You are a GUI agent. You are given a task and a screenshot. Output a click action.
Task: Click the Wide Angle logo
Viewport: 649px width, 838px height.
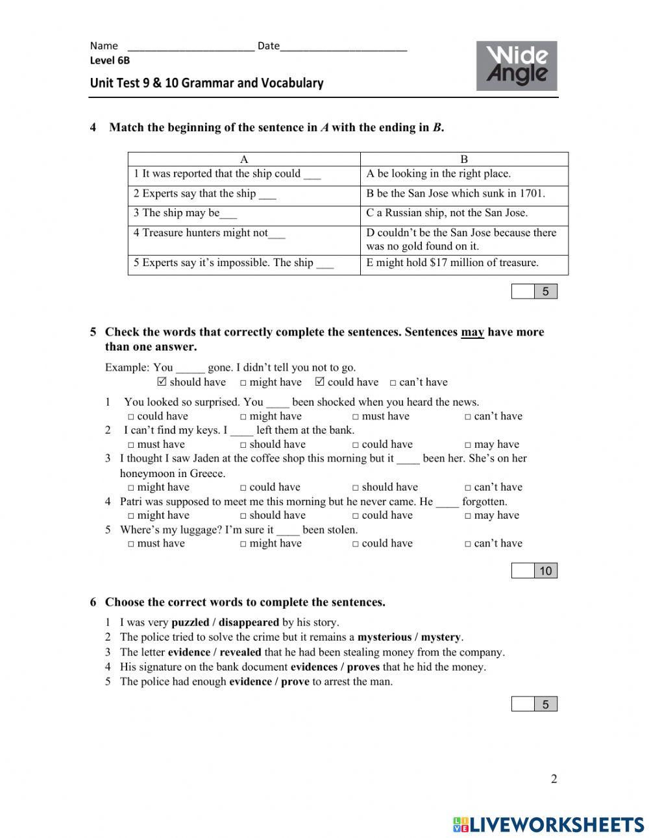(x=517, y=66)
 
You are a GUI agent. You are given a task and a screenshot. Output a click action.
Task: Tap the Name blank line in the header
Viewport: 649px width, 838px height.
(x=191, y=46)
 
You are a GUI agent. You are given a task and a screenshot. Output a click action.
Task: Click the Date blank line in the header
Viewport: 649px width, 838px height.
(x=344, y=46)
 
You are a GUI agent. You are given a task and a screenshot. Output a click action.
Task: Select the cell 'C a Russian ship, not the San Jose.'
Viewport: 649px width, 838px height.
(x=464, y=213)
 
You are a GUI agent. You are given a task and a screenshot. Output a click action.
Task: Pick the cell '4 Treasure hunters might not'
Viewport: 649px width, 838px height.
(x=243, y=233)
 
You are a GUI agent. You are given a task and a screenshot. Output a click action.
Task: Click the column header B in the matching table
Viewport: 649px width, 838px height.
(x=464, y=159)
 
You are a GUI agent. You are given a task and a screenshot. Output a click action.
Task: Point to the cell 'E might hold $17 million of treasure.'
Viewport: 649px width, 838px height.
(x=464, y=263)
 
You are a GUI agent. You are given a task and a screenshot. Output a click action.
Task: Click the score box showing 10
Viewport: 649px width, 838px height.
(x=545, y=571)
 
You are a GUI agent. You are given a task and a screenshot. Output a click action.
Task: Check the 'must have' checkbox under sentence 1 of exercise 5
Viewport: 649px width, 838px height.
(x=356, y=417)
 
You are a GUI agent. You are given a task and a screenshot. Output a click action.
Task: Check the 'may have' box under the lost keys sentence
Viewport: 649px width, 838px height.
(x=468, y=445)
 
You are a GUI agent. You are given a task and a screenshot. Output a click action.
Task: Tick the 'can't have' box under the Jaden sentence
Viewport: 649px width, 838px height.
(x=468, y=487)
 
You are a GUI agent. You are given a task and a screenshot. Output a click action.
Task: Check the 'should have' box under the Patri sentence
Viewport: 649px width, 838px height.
(x=243, y=515)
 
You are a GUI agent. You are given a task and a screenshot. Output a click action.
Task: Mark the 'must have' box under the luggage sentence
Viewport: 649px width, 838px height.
(x=131, y=544)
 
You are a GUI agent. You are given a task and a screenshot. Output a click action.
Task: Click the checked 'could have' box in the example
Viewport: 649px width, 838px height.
(x=319, y=382)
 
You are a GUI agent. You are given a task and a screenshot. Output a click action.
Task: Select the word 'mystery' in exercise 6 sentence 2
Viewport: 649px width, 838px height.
(x=441, y=637)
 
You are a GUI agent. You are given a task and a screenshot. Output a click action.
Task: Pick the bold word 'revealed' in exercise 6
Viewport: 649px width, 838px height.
(x=240, y=652)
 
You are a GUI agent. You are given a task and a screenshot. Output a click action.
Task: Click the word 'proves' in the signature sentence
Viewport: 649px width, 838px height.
(x=363, y=667)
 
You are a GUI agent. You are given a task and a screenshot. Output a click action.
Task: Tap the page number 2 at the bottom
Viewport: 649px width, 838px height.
(x=554, y=779)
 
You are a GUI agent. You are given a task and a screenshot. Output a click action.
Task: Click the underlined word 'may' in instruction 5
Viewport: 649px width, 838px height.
(x=472, y=332)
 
